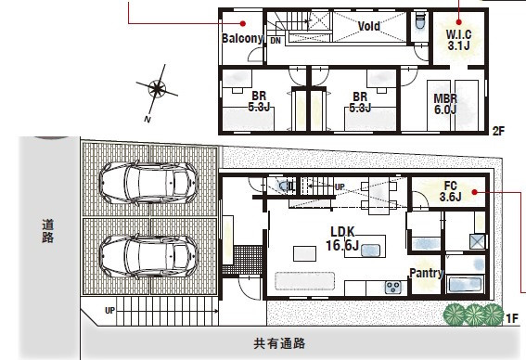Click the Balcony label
click(244, 38)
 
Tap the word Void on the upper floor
click(372, 25)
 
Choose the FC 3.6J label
click(451, 190)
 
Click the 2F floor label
click(498, 131)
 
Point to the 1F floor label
click(511, 318)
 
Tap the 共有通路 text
click(280, 343)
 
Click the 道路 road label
click(46, 230)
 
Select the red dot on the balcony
click(242, 23)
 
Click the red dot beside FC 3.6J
click(475, 192)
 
